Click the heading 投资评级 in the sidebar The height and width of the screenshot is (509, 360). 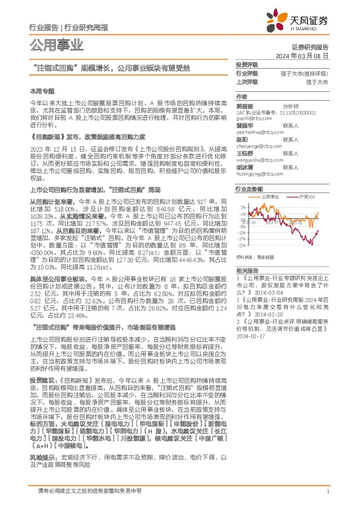click(246, 64)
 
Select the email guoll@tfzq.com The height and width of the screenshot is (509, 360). click(250, 120)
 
